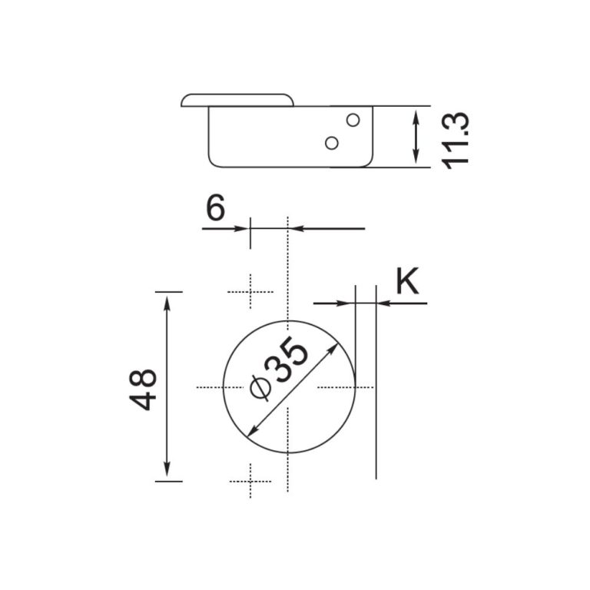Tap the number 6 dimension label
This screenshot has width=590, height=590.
click(x=216, y=208)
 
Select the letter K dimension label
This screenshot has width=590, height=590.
click(x=407, y=282)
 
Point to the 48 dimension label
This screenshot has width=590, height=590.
click(x=144, y=389)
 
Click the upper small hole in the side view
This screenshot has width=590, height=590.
click(x=353, y=120)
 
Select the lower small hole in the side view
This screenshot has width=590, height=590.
click(x=332, y=143)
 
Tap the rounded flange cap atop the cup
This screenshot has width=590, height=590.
click(x=238, y=100)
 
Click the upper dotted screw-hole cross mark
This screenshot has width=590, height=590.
click(x=250, y=291)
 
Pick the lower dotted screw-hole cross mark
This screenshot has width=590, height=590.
click(x=250, y=481)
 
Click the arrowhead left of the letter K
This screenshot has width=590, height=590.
click(x=348, y=303)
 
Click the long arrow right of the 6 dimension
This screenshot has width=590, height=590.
click(x=330, y=228)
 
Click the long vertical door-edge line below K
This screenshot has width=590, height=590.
click(x=376, y=399)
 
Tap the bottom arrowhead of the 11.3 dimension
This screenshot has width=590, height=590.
click(x=416, y=159)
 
